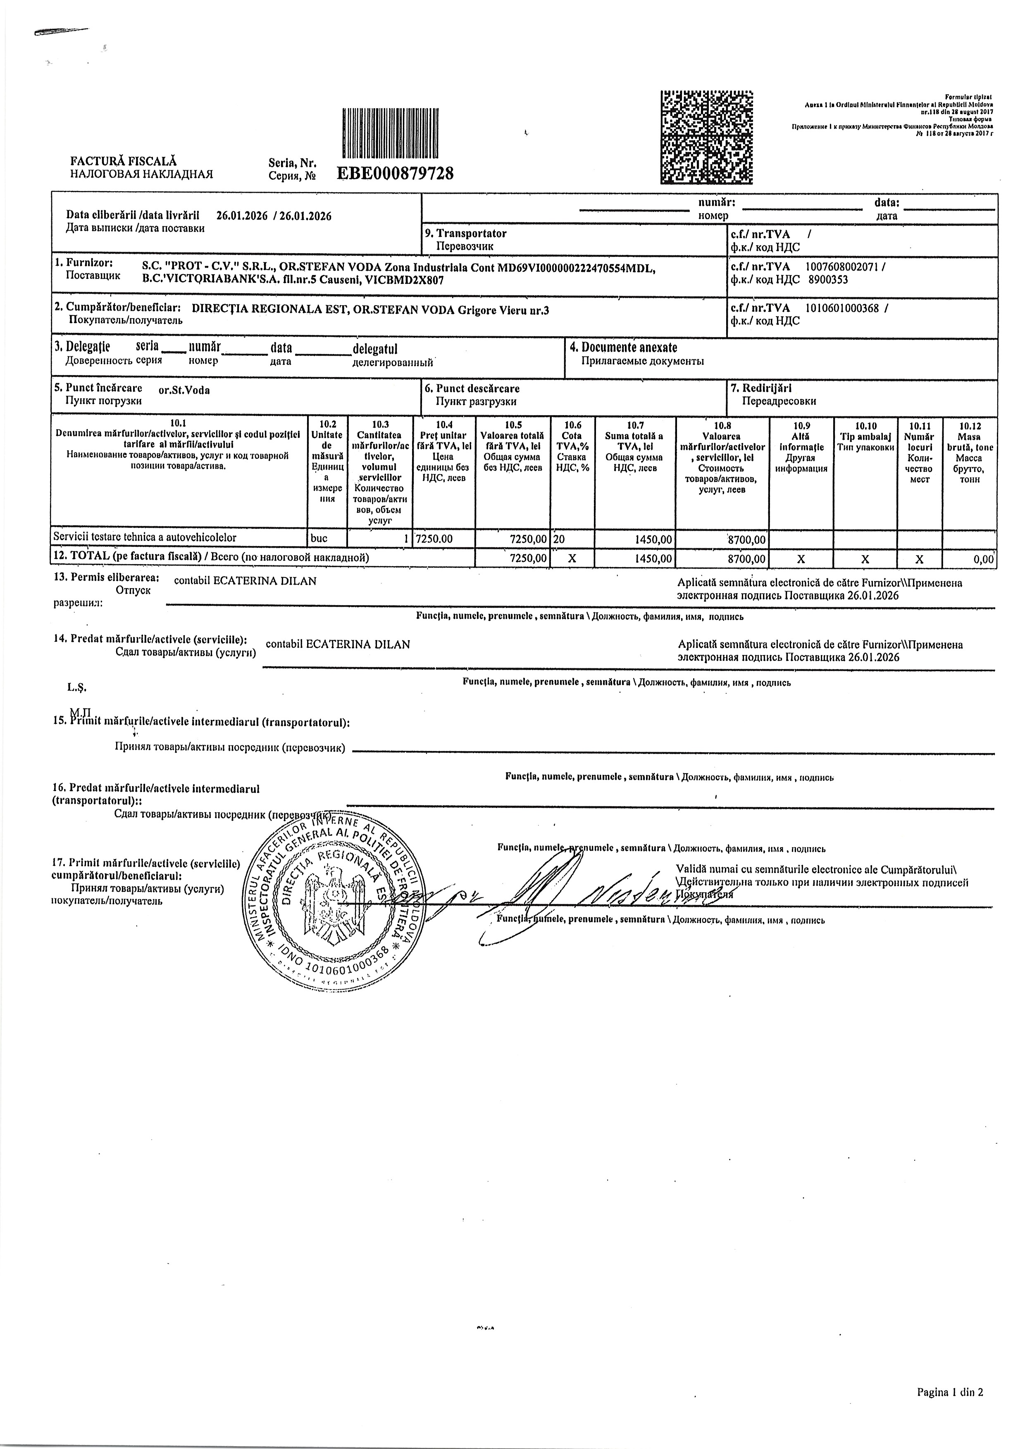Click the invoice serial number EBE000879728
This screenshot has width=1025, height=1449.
[x=396, y=173]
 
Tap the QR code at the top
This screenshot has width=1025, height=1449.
[x=707, y=137]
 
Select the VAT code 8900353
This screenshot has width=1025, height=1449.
[x=828, y=280]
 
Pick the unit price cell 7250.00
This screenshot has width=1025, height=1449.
[x=435, y=539]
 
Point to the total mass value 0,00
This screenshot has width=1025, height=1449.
[x=983, y=559]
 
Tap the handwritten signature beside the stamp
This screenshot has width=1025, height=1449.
[x=568, y=896]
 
